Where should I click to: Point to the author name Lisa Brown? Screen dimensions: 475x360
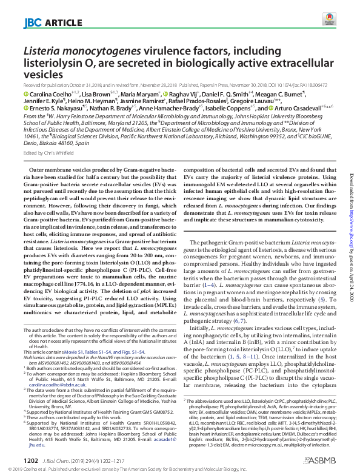(x=96, y=94)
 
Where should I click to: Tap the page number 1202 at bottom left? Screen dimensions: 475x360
(x=30, y=460)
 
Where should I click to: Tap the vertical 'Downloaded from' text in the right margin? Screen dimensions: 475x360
(x=352, y=182)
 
